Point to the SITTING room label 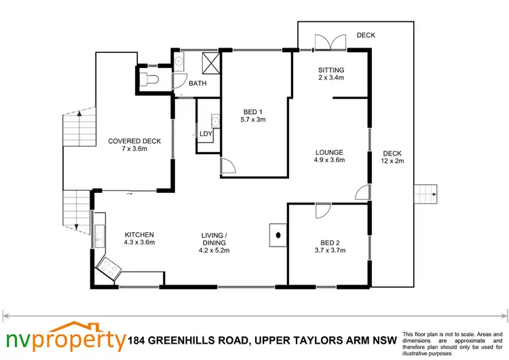pos(331,70)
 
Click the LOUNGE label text pos(330,152)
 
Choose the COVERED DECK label pos(134,141)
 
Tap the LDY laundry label pos(205,134)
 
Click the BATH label pos(197,84)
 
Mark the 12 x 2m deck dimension pos(392,161)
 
